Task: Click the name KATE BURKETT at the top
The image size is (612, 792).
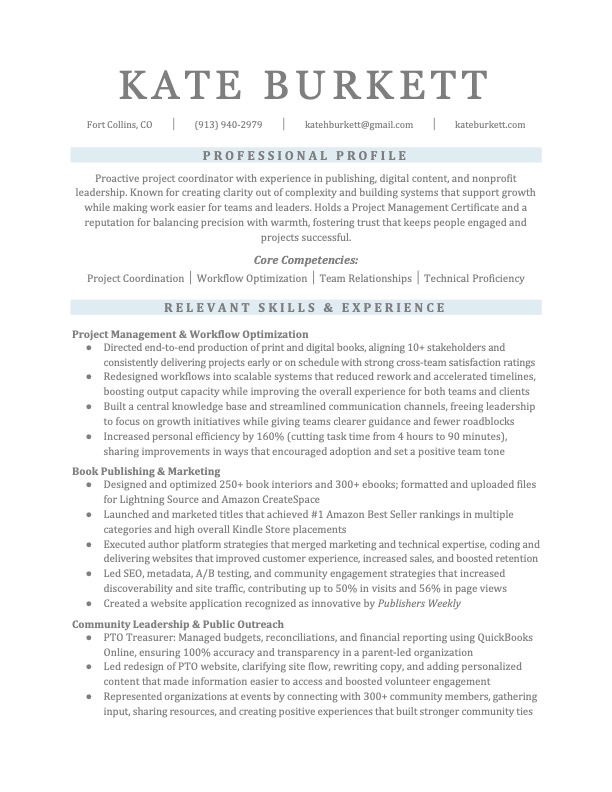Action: point(305,83)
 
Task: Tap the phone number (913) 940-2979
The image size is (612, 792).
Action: point(228,125)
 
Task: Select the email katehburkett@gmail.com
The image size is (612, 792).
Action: point(359,125)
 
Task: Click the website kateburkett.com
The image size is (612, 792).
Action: point(490,125)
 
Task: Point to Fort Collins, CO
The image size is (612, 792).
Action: point(120,125)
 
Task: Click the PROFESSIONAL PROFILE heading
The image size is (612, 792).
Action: point(305,155)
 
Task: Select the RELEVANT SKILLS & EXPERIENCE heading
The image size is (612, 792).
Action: point(305,308)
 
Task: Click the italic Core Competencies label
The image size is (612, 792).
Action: point(305,260)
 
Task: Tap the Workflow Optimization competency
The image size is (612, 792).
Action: point(252,279)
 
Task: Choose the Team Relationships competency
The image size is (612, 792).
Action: point(365,279)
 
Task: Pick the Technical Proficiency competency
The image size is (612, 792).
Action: point(474,279)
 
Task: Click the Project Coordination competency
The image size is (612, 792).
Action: point(136,279)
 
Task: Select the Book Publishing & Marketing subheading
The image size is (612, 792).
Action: point(146,470)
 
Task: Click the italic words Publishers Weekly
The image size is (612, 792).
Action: point(419,605)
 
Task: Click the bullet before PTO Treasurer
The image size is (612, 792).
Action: point(90,638)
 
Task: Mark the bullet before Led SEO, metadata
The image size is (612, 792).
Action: point(90,575)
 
